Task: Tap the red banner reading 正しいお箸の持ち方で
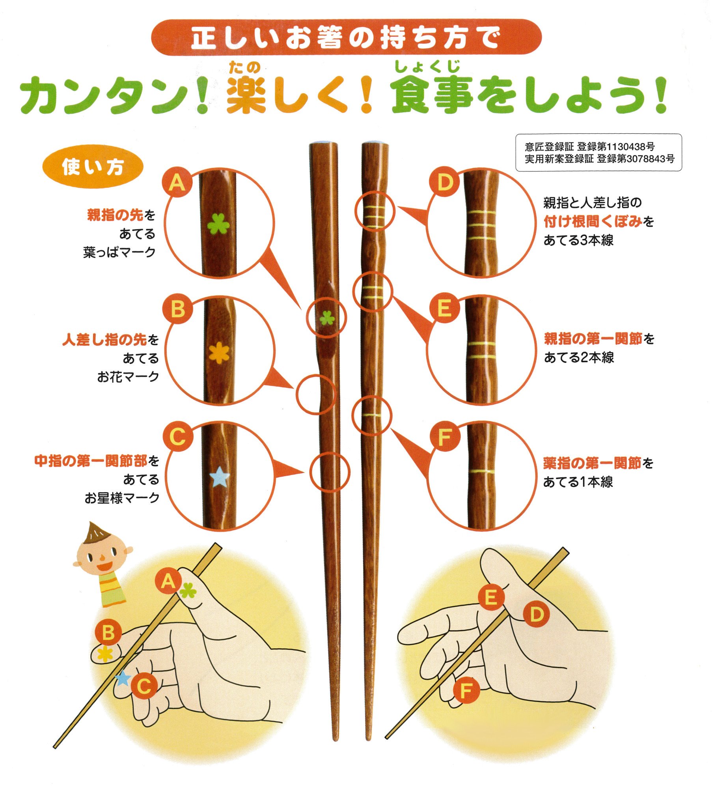click(346, 37)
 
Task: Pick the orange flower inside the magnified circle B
click(218, 352)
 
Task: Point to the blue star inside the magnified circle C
click(220, 477)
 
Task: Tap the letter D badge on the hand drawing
click(536, 614)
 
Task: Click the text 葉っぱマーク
click(119, 252)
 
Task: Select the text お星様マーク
click(122, 498)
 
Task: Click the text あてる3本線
click(578, 240)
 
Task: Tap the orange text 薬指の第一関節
click(593, 463)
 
